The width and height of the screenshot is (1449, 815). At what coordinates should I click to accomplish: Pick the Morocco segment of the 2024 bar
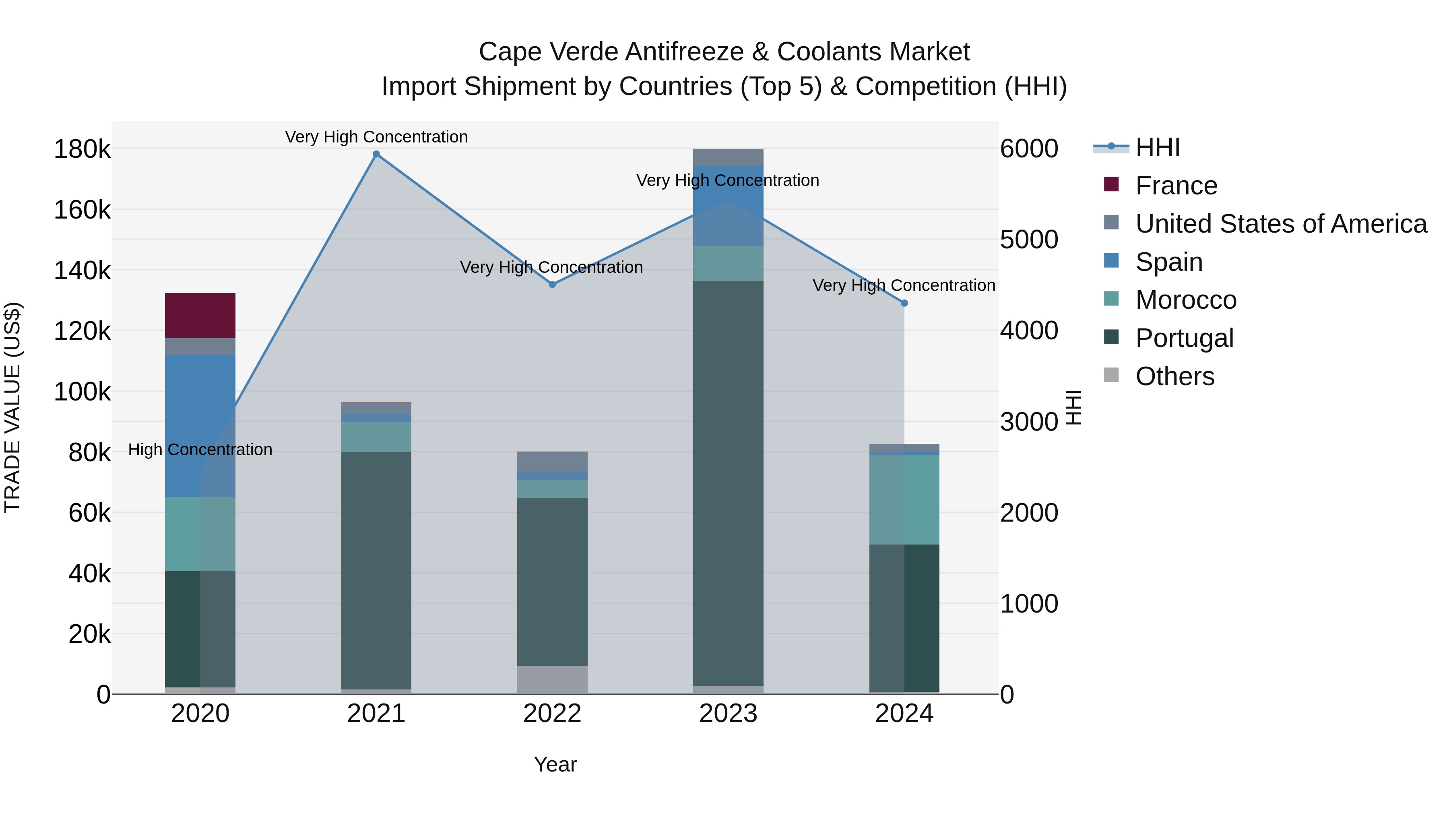coord(904,499)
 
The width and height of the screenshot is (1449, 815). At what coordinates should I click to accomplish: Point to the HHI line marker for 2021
coord(376,154)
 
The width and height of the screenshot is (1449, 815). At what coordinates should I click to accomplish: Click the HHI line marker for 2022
coord(552,285)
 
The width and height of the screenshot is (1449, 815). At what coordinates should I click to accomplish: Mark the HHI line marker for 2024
coord(904,303)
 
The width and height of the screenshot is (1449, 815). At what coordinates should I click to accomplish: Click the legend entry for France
coord(1176,186)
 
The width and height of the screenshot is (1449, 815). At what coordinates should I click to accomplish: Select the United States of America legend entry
coord(1281,224)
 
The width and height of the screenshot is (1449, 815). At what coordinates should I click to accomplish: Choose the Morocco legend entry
coord(1186,300)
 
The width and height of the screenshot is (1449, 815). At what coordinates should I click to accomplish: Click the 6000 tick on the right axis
coord(1029,149)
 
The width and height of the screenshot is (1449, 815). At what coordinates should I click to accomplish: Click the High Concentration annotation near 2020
coord(200,450)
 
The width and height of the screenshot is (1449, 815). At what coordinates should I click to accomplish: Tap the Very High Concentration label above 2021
coord(376,137)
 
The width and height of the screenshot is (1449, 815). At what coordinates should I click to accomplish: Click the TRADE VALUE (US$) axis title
coord(13,407)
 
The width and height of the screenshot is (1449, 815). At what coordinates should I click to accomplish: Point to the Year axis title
coord(555,764)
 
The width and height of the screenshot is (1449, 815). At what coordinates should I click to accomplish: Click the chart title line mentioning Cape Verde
coord(724,52)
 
